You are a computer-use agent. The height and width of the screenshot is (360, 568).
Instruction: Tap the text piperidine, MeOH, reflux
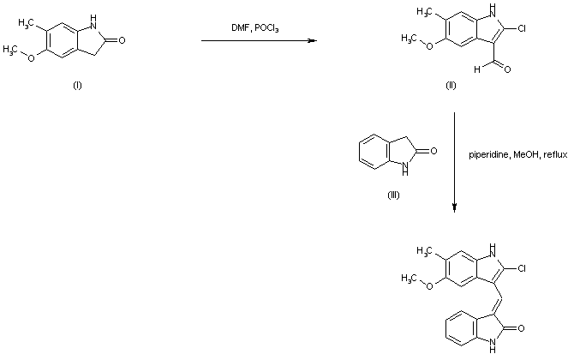point(511,155)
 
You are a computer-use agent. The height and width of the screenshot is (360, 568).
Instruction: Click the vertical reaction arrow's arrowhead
point(454,208)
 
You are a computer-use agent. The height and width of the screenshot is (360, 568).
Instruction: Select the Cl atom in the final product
point(519,268)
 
